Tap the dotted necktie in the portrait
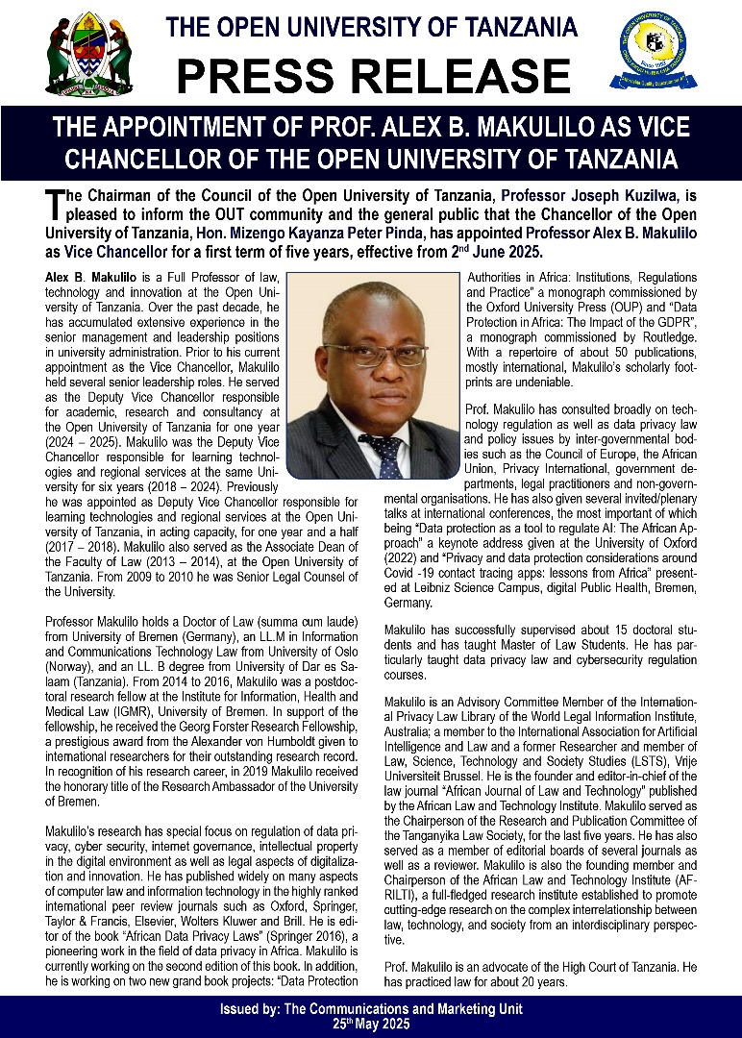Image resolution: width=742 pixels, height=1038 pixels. pyautogui.click(x=392, y=453)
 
